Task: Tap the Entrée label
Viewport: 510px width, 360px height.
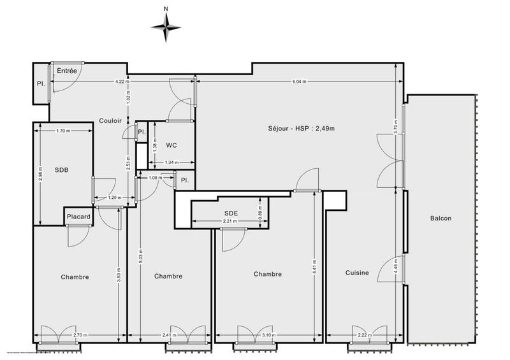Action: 67,71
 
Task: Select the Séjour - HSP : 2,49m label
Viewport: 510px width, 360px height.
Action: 302,129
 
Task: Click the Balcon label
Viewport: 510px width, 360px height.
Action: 441,219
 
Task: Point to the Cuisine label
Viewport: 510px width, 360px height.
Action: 357,273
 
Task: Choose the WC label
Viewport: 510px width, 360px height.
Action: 171,145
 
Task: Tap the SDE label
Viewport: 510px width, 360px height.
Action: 231,213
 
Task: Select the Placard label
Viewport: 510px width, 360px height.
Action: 78,217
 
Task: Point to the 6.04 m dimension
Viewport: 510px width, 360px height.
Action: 299,82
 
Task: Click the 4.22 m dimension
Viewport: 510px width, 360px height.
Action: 122,82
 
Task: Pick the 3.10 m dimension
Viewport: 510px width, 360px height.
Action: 268,335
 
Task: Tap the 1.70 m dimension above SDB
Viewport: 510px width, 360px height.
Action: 63,131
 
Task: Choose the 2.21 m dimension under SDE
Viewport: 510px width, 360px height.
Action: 230,221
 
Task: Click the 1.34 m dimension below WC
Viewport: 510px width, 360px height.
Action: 171,162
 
